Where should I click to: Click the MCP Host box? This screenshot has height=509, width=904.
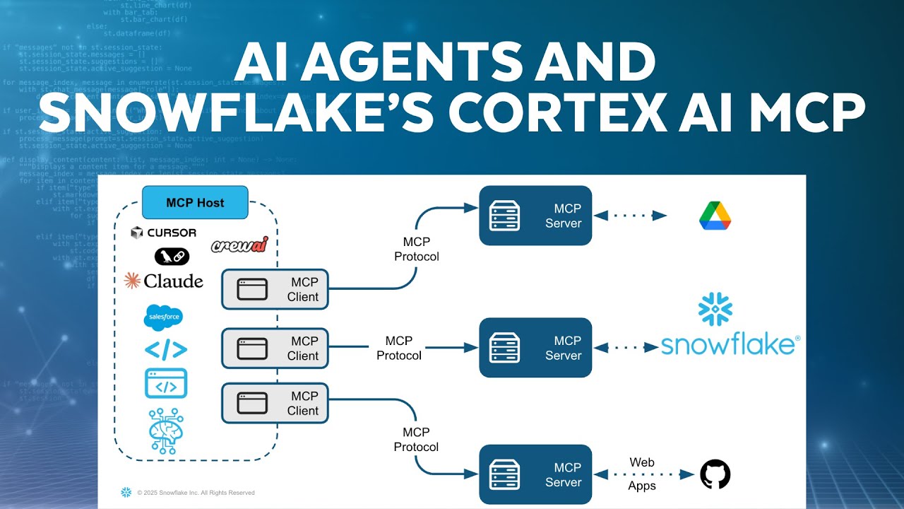(195, 203)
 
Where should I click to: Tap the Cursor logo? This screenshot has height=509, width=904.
(164, 233)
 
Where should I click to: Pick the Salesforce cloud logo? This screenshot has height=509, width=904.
(164, 317)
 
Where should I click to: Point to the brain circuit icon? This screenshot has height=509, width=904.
(167, 430)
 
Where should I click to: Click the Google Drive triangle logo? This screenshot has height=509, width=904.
(715, 216)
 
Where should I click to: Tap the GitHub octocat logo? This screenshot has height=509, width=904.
(715, 474)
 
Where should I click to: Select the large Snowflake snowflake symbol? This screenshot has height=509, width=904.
(715, 310)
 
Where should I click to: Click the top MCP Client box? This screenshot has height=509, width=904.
(275, 289)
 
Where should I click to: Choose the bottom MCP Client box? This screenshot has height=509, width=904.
(275, 403)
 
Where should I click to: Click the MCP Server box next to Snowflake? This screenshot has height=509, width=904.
(535, 347)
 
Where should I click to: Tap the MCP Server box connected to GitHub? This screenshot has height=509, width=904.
(535, 474)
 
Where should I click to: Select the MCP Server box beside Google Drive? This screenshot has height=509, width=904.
(535, 216)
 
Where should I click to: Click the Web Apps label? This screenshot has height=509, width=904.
(642, 474)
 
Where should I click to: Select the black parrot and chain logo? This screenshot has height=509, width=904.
(172, 256)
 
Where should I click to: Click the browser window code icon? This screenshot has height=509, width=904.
(166, 383)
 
